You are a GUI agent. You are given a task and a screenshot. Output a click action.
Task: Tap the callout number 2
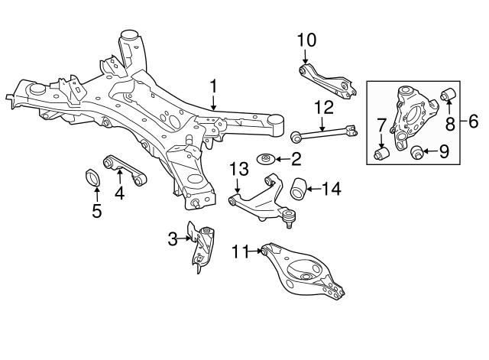click(296, 159)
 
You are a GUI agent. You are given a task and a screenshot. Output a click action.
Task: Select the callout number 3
click(173, 239)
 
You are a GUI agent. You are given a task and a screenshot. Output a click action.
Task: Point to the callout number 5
click(96, 210)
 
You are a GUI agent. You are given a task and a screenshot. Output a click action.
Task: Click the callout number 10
click(306, 39)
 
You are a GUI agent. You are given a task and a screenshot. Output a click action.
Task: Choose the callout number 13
click(238, 168)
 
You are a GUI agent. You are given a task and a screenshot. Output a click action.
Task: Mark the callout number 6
click(473, 120)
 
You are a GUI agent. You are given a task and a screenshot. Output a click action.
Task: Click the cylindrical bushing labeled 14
click(298, 187)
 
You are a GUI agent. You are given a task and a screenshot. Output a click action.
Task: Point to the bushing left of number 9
click(418, 152)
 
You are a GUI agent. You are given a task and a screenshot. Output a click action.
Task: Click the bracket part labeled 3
click(202, 245)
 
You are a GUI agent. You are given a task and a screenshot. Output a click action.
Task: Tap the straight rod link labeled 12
click(325, 135)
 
